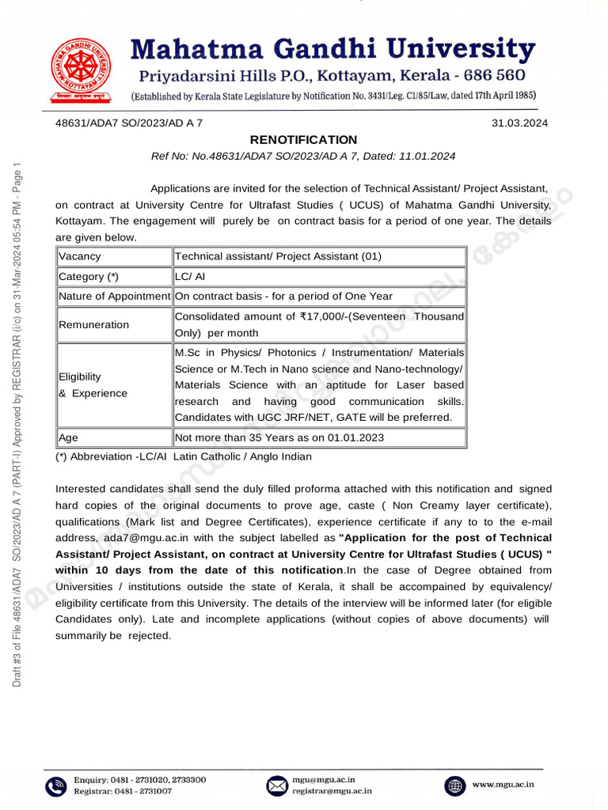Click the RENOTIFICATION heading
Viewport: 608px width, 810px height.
(x=304, y=140)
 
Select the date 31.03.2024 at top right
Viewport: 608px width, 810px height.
(x=519, y=123)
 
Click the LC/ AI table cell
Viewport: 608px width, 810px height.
(x=190, y=277)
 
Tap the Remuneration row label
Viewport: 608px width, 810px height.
(x=93, y=324)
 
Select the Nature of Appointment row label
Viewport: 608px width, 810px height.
(x=114, y=297)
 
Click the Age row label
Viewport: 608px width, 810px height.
(x=69, y=437)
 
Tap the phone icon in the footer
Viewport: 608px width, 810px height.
(x=55, y=785)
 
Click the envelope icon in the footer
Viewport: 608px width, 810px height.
(x=276, y=785)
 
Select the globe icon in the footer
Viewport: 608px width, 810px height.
(x=455, y=785)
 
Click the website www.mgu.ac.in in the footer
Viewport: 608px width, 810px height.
(x=503, y=785)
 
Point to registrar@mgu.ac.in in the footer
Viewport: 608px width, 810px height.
(x=332, y=790)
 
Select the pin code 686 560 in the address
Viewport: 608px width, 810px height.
(x=491, y=77)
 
